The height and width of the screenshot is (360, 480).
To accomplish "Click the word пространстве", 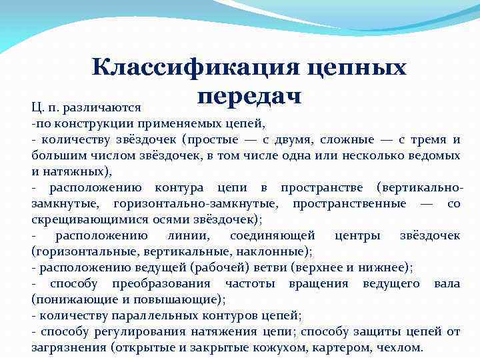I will (323, 187).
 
